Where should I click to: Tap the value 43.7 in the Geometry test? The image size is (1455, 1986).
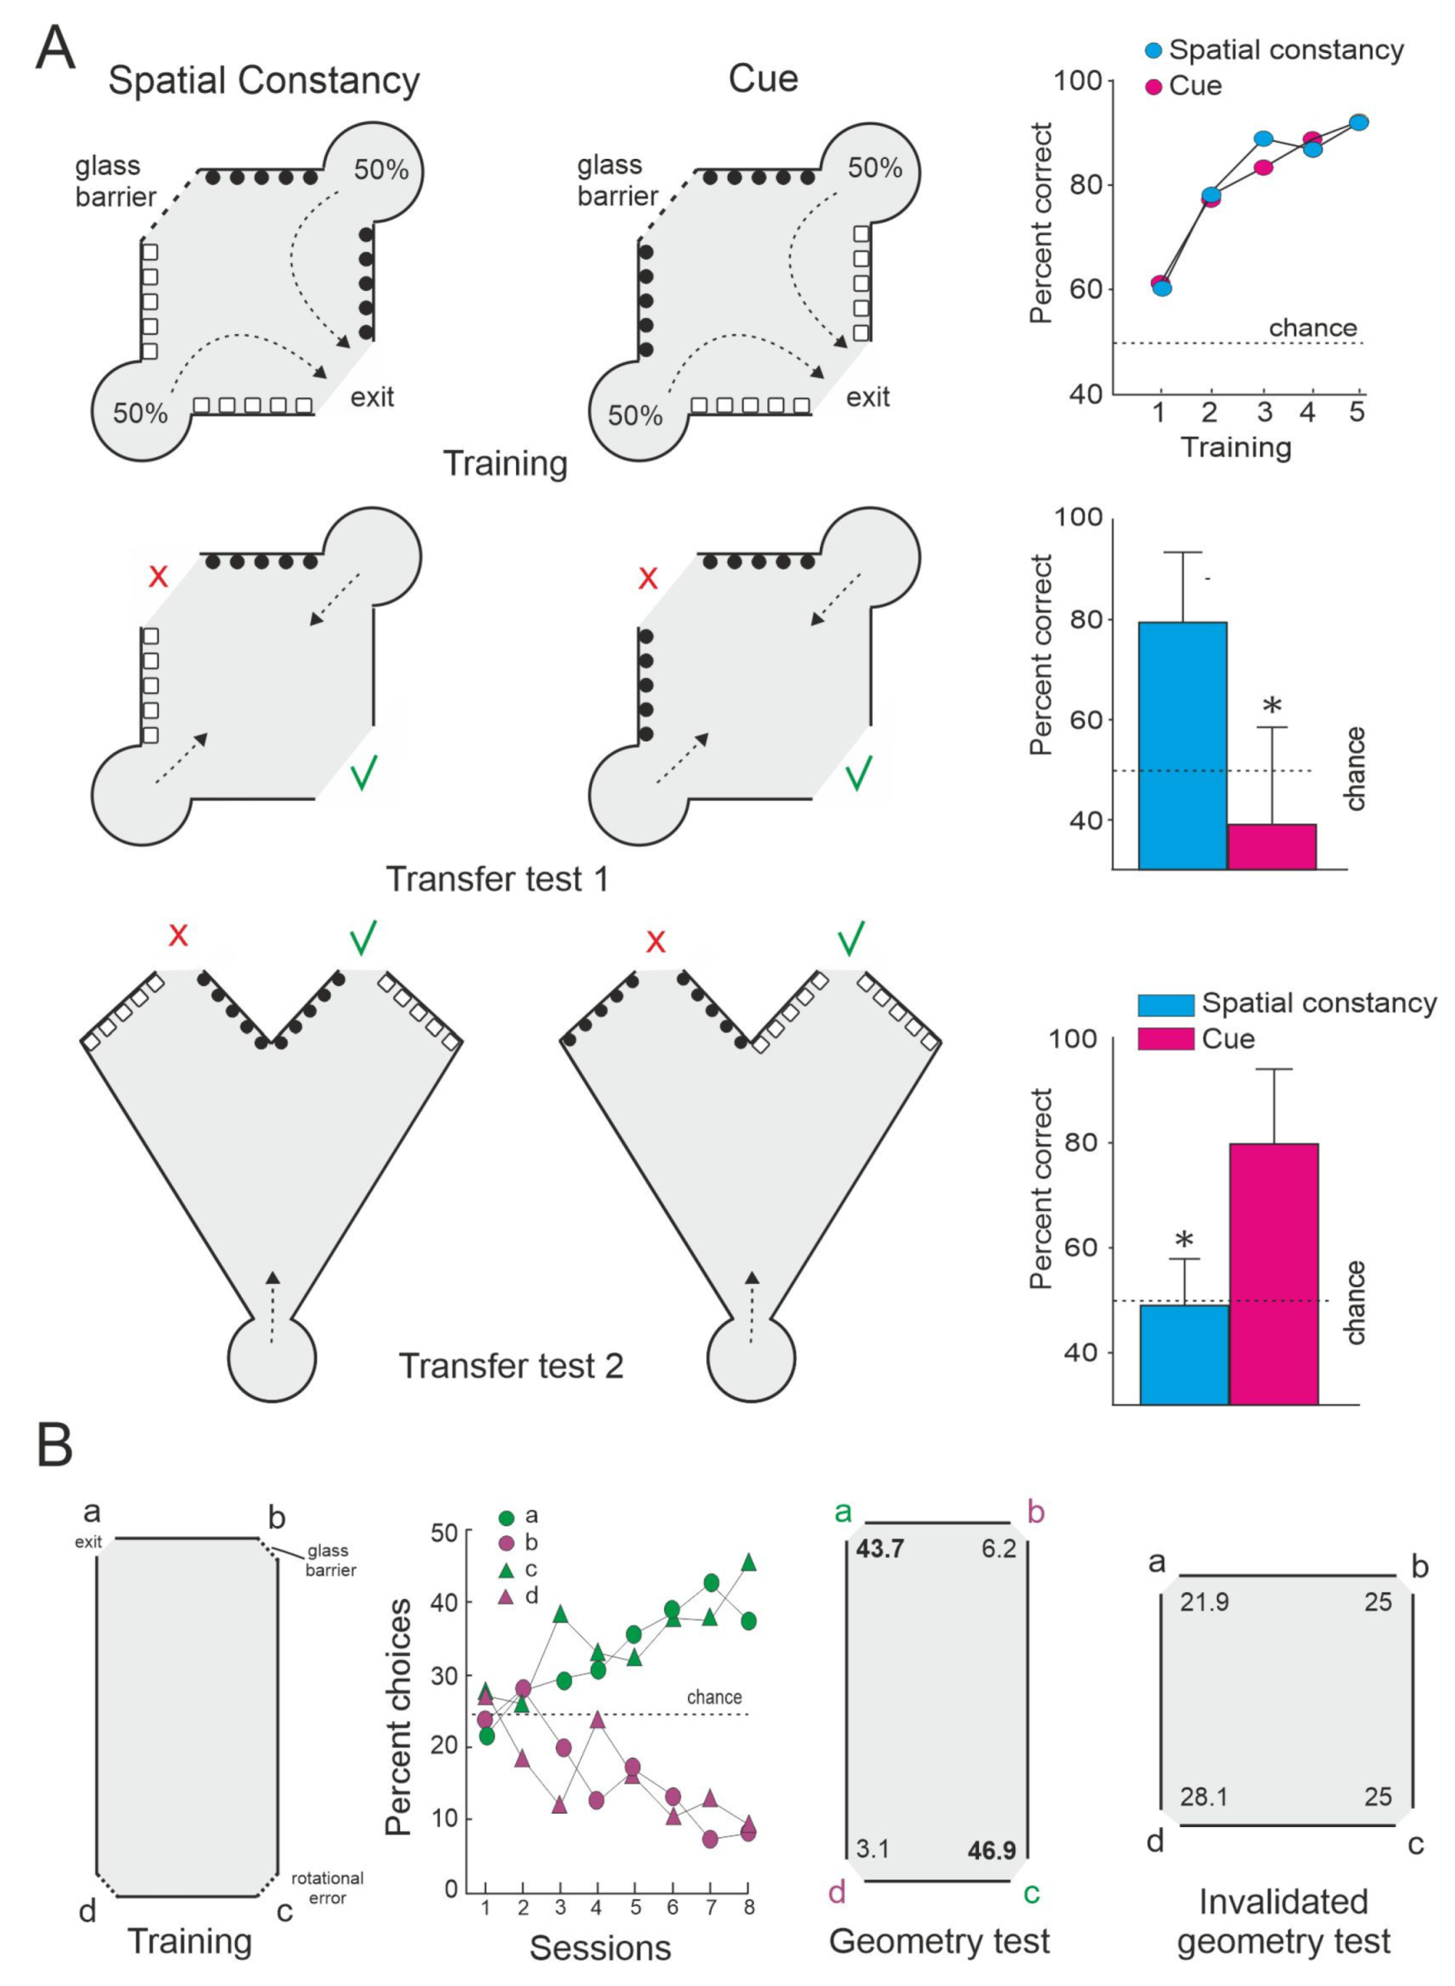pos(880,1548)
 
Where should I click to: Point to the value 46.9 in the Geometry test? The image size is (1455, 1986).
pos(992,1850)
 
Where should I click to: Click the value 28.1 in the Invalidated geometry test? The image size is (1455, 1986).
pos(1204,1796)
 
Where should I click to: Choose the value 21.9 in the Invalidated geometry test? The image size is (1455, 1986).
pos(1204,1601)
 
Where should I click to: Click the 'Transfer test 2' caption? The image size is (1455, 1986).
pos(511,1366)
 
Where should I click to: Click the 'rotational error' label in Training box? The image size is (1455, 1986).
pos(327,1888)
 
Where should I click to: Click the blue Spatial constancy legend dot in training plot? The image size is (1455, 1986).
pos(1153,51)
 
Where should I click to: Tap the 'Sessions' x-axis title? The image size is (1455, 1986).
pos(600,1947)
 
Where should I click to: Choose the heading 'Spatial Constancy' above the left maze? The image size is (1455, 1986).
pos(264,80)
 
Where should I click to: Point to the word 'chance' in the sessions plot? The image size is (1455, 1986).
pos(714,1696)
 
